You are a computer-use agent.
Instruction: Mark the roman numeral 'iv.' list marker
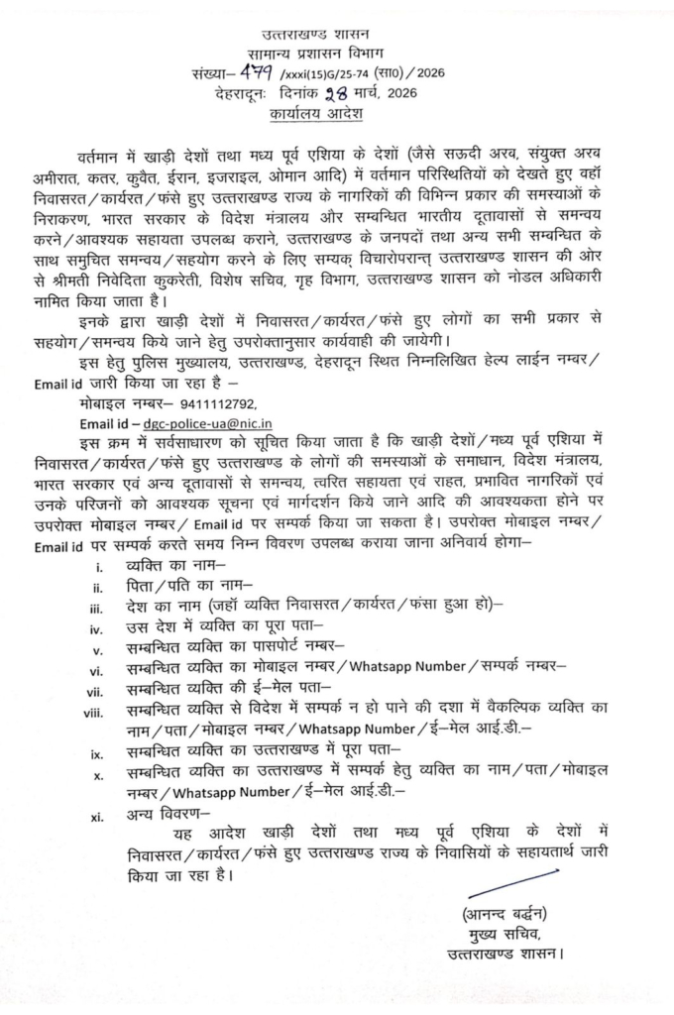pyautogui.click(x=97, y=627)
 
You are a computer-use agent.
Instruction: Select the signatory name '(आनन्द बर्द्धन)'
pyautogui.click(x=505, y=913)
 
